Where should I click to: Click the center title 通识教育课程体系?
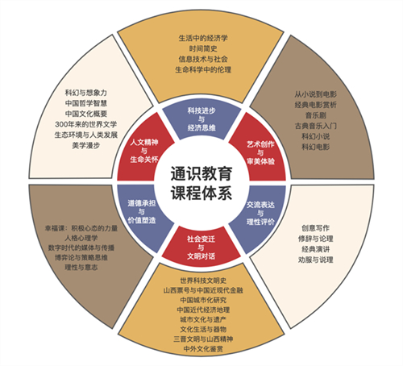(x=201, y=184)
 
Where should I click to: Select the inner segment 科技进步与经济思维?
(x=201, y=119)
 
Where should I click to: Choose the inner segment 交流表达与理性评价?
(x=260, y=214)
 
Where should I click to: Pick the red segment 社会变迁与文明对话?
(x=201, y=247)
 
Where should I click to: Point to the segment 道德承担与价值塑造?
(x=142, y=212)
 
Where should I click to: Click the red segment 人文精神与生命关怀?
(x=144, y=151)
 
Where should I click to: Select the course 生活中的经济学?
(x=203, y=38)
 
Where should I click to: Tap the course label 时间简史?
(x=203, y=48)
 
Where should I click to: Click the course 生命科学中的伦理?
(x=203, y=70)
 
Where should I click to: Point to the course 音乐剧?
(x=316, y=115)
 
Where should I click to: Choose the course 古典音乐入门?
(x=316, y=126)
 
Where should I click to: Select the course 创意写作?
(x=316, y=228)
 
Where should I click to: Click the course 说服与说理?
(x=316, y=260)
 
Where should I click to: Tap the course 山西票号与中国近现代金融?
(x=203, y=290)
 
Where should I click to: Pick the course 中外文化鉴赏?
(x=203, y=349)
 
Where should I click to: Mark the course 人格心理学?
(x=81, y=238)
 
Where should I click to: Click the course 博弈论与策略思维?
(x=81, y=258)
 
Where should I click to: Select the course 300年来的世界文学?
(x=86, y=124)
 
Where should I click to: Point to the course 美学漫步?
(x=86, y=145)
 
